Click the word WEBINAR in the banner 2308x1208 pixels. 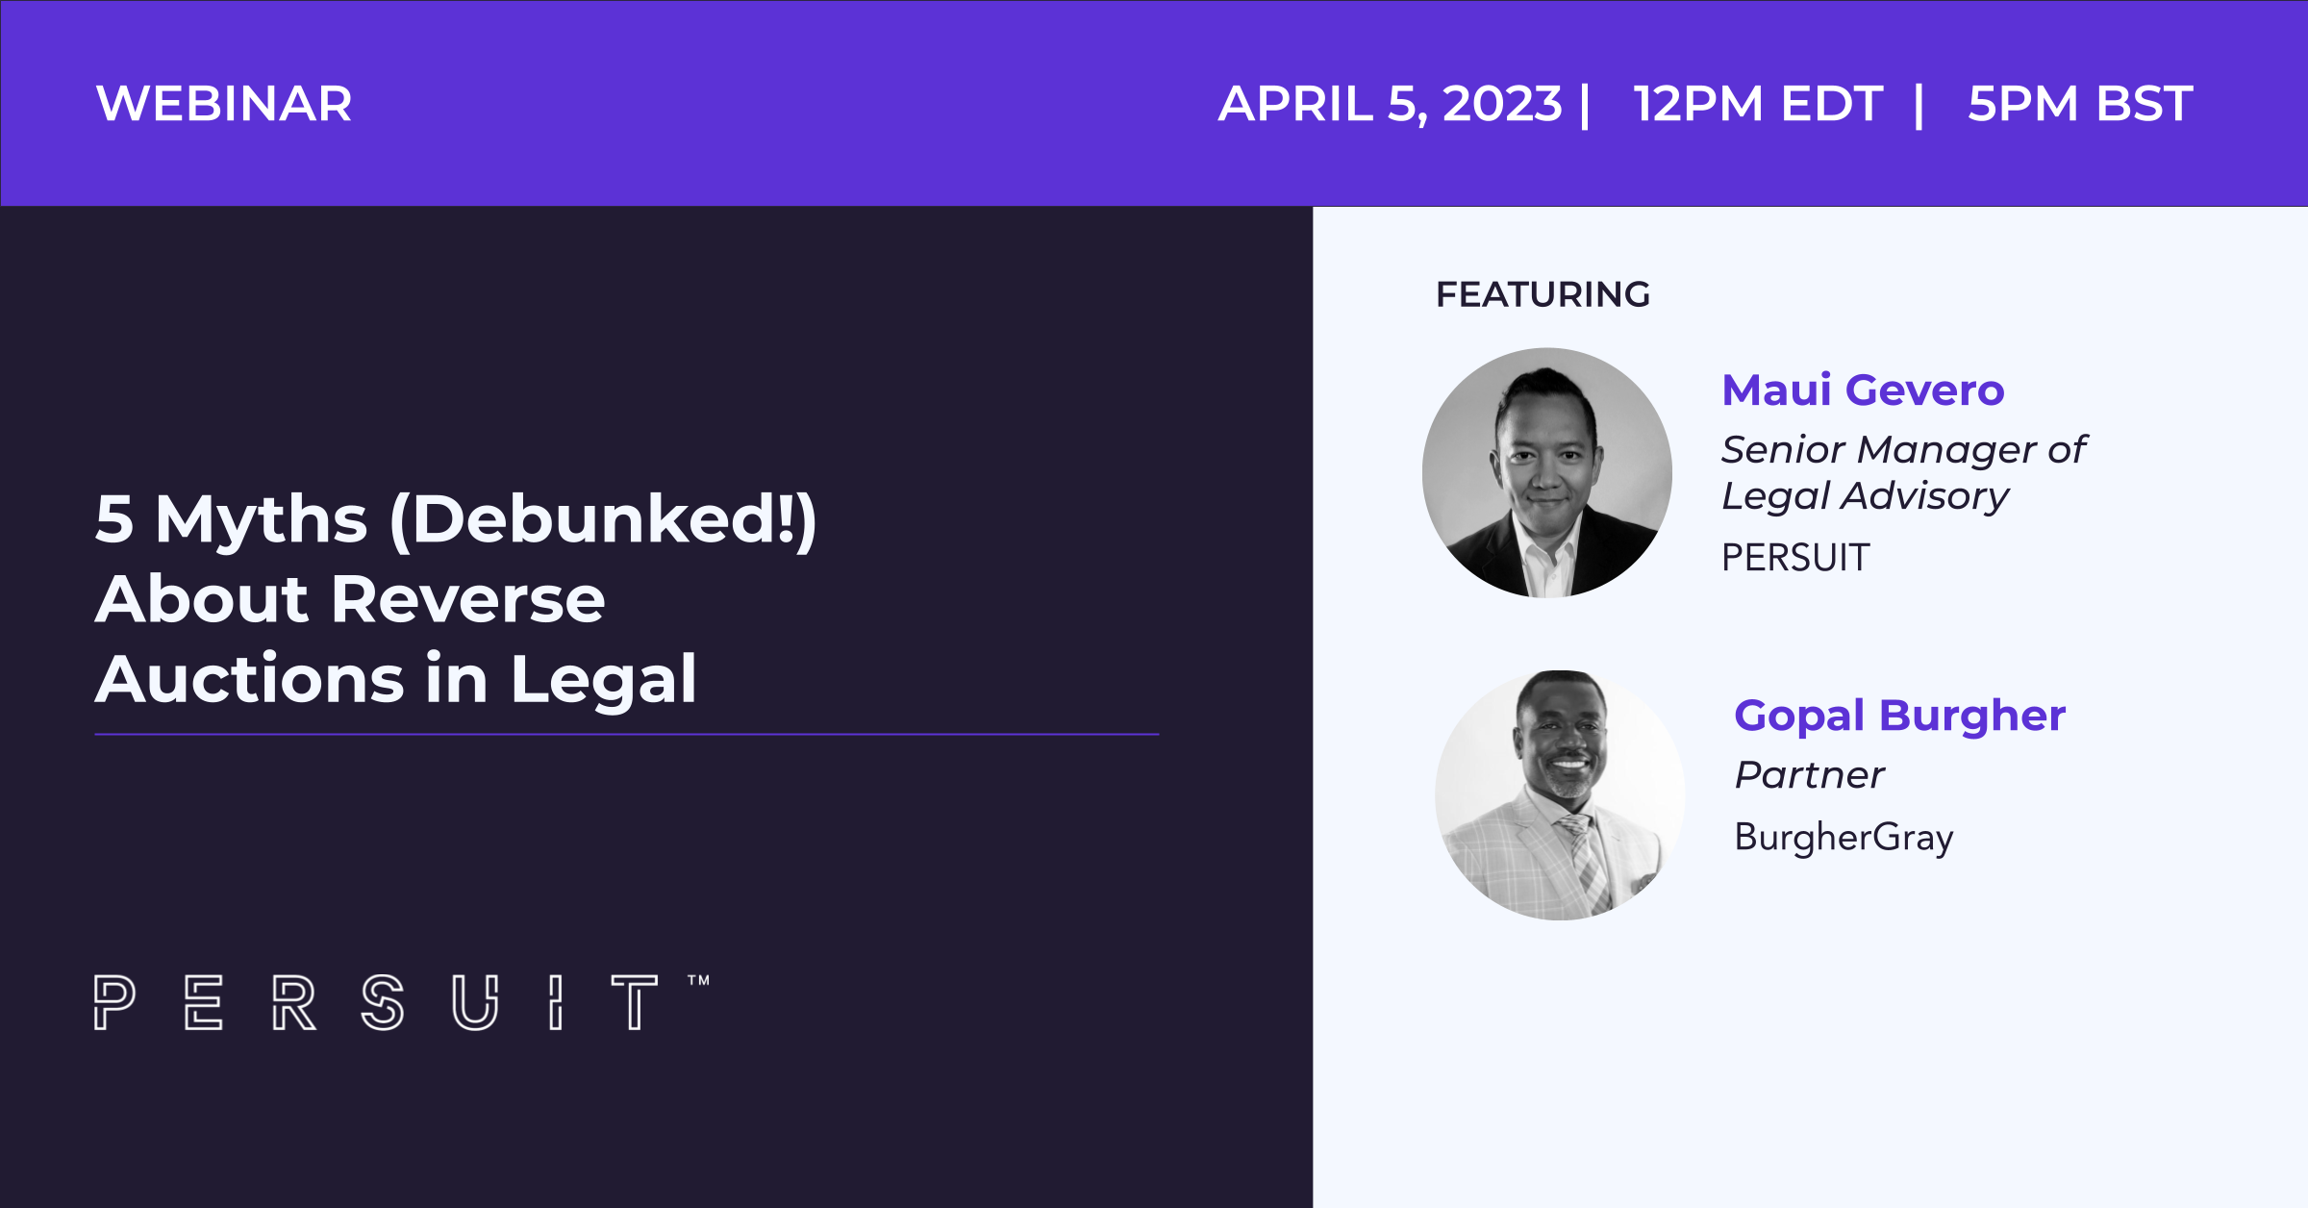(x=224, y=104)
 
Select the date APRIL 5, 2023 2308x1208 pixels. (x=1390, y=104)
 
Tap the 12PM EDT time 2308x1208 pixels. (x=1757, y=104)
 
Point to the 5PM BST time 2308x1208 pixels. (x=2080, y=104)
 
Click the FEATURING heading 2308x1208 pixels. (x=1543, y=294)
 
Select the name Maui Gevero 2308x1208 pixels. (x=1863, y=390)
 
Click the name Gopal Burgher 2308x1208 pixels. (x=1899, y=716)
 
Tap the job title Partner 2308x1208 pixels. (x=1809, y=774)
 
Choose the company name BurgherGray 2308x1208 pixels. (x=1844, y=837)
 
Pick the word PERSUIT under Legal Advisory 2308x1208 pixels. (x=1795, y=558)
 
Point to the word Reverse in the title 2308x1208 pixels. (x=468, y=599)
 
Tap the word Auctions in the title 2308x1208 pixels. (x=250, y=679)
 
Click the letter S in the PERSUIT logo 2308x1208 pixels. (x=383, y=1002)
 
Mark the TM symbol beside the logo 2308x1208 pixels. (x=699, y=980)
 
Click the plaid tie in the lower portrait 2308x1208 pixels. (x=1583, y=862)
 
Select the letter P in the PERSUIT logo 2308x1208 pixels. (x=114, y=1002)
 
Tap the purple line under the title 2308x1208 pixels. (x=627, y=734)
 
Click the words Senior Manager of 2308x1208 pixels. (x=1903, y=450)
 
